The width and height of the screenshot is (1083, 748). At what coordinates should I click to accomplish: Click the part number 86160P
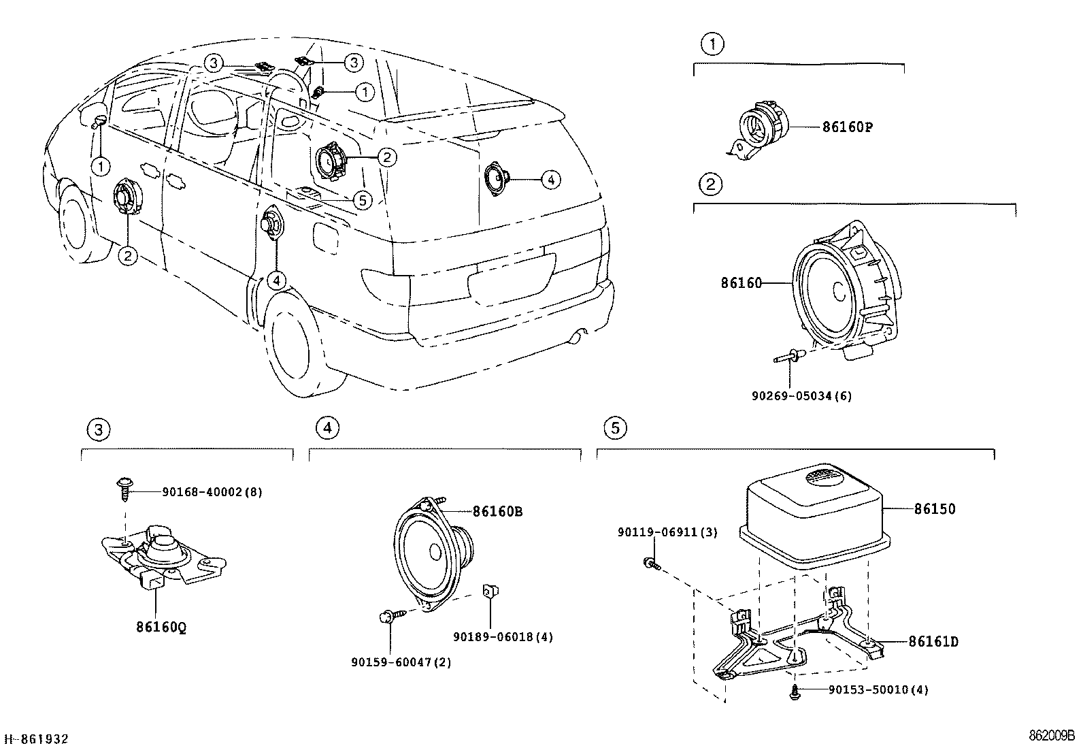tap(848, 127)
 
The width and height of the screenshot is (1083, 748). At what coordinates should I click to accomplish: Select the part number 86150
tap(935, 509)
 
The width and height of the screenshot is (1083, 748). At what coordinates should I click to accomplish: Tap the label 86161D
tap(933, 642)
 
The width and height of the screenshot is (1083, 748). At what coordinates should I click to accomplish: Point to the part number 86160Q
tap(161, 627)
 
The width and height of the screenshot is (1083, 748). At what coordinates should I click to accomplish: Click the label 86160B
tap(497, 511)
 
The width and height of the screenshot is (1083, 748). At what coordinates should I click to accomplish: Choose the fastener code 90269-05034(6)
tap(801, 395)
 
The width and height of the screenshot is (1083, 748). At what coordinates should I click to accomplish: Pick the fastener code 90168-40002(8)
tap(212, 492)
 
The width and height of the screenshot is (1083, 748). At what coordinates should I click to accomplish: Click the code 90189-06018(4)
tap(503, 637)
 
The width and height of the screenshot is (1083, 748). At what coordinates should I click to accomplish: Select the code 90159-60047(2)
tap(401, 662)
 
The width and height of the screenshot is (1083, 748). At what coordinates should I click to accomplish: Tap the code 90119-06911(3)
tap(667, 532)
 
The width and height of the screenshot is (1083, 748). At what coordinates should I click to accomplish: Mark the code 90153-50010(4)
tap(878, 689)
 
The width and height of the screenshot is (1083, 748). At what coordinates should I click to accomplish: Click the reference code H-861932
tap(36, 738)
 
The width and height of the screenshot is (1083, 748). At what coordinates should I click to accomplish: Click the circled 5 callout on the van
tap(363, 200)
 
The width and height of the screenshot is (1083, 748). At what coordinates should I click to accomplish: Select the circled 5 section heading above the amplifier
tap(615, 427)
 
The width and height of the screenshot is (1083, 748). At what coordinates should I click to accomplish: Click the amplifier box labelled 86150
tap(815, 515)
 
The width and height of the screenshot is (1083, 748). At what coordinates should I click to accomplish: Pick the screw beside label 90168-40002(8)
tap(124, 489)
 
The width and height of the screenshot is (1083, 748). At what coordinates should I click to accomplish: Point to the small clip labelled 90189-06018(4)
tap(490, 591)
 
